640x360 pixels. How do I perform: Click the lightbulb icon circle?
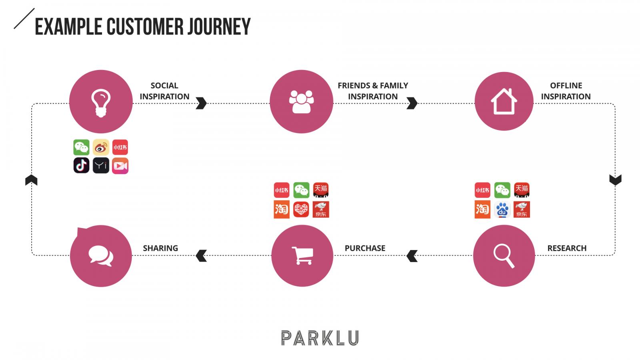click(x=101, y=102)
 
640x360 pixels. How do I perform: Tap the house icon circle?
click(x=504, y=101)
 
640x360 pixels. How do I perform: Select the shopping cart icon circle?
click(x=302, y=256)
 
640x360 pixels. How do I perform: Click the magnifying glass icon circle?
click(x=504, y=256)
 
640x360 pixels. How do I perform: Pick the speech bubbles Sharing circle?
click(x=101, y=256)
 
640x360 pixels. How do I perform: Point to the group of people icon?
click(x=301, y=102)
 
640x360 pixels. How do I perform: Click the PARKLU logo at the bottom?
click(x=320, y=338)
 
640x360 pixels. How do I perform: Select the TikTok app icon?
click(x=82, y=166)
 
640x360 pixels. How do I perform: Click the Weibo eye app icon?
click(x=101, y=147)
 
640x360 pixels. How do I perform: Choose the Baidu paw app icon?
click(x=502, y=209)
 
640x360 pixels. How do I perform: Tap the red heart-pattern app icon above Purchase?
click(x=301, y=209)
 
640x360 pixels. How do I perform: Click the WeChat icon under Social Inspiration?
click(x=82, y=147)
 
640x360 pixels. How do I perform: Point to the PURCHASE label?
click(x=365, y=248)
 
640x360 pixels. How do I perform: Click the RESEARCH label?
click(x=566, y=248)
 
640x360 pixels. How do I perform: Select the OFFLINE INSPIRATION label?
click(x=566, y=91)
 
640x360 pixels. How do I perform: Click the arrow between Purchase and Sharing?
click(x=202, y=256)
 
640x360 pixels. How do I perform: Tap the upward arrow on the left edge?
click(x=31, y=180)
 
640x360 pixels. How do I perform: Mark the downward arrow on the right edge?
click(x=615, y=180)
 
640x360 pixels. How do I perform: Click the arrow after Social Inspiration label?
click(x=201, y=103)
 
